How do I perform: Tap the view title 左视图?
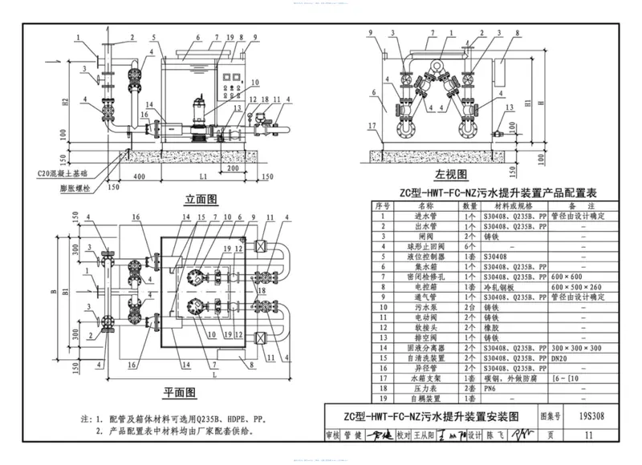(452, 174)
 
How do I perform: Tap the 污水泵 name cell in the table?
(421, 307)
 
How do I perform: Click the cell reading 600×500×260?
(583, 286)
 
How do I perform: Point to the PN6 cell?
(487, 387)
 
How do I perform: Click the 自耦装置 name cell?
(421, 398)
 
